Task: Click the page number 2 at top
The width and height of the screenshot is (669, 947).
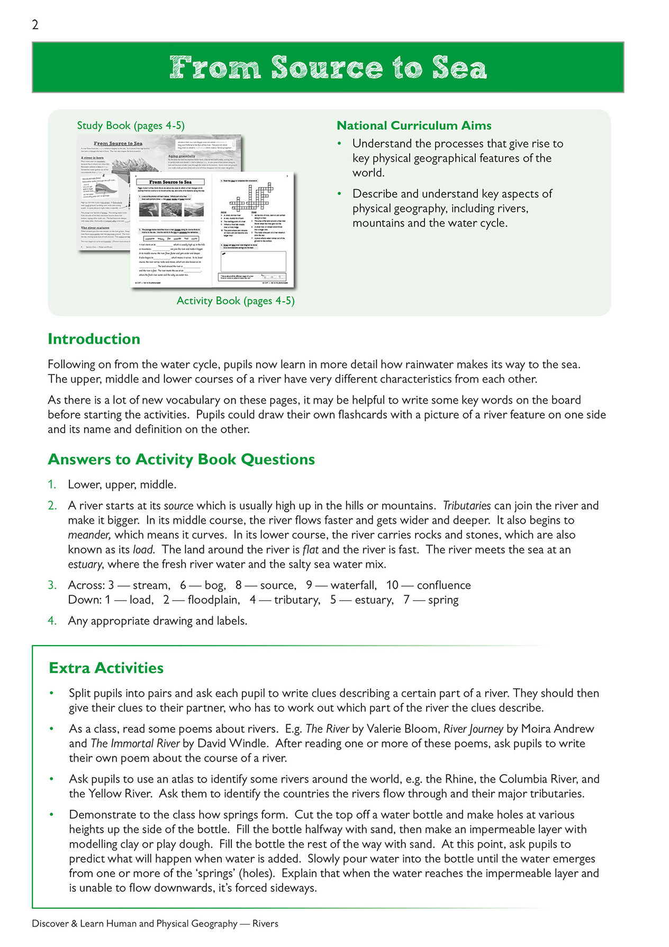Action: [35, 25]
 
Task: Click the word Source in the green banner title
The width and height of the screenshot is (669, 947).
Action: [327, 68]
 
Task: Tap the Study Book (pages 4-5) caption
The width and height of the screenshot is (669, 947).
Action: [131, 126]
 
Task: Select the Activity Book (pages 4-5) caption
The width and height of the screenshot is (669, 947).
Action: [236, 301]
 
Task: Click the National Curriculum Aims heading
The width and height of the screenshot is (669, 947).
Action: [414, 126]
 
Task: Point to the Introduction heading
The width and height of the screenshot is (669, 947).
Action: [94, 339]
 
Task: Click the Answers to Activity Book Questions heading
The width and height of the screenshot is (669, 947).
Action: [181, 459]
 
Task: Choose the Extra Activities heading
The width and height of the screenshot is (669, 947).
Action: [106, 668]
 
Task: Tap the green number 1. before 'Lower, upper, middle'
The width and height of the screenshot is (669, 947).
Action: [52, 485]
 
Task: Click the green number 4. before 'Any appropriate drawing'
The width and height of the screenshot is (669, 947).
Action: [52, 621]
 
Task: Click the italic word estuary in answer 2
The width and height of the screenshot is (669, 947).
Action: [85, 565]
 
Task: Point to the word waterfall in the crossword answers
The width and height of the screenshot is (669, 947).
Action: [353, 585]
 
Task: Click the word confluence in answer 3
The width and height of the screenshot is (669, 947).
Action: [444, 585]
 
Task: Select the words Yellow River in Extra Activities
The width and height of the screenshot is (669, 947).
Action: [120, 794]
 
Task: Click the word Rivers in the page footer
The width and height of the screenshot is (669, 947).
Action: [265, 924]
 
